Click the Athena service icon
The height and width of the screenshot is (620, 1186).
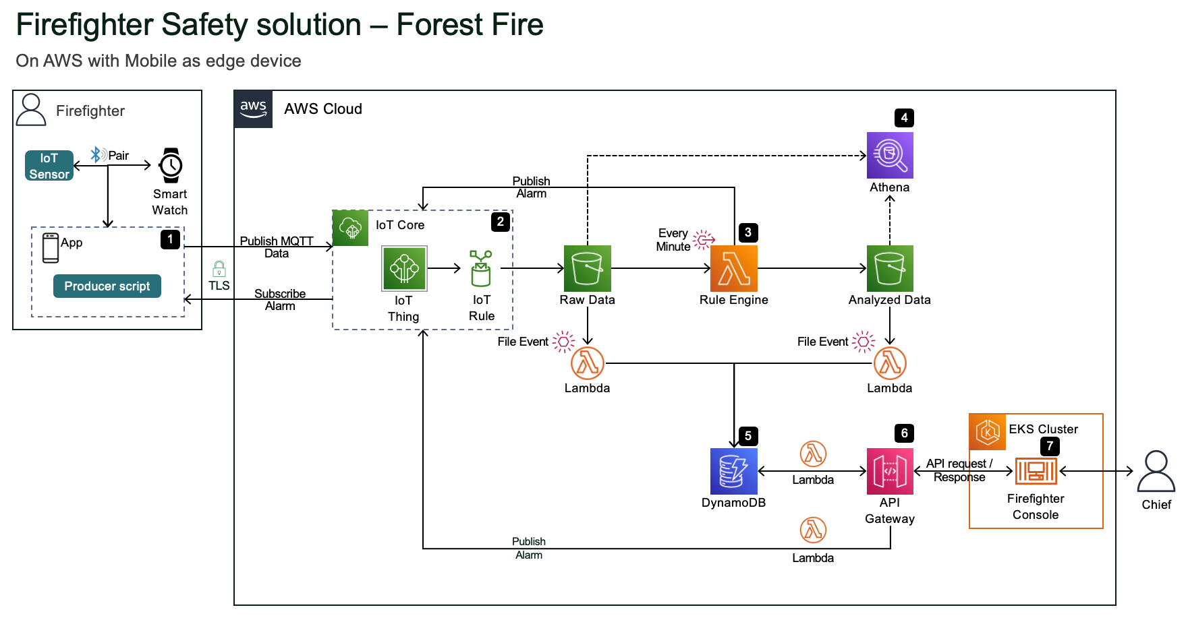(x=890, y=155)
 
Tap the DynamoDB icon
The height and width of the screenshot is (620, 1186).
(x=734, y=471)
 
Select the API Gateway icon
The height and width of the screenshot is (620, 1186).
(x=890, y=471)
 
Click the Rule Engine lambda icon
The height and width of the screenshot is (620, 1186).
(x=734, y=268)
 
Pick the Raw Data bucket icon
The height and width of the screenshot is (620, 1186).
(x=588, y=268)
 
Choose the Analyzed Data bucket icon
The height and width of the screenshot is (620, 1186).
(x=890, y=268)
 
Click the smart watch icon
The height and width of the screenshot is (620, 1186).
(x=171, y=165)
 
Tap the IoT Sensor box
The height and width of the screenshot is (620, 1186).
(x=49, y=166)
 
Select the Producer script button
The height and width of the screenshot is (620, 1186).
(x=107, y=286)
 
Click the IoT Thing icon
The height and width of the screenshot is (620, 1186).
(x=404, y=268)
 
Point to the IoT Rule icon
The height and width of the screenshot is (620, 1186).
(x=481, y=268)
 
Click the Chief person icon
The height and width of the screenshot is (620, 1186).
(x=1156, y=471)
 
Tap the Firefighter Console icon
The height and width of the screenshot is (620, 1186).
(x=1036, y=471)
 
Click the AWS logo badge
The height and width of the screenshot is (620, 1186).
(x=254, y=109)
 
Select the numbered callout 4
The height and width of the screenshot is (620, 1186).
(x=904, y=118)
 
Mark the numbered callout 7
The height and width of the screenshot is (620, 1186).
(x=1050, y=446)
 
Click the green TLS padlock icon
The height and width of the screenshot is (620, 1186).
(x=219, y=270)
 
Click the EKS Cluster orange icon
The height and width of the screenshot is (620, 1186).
(x=988, y=432)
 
